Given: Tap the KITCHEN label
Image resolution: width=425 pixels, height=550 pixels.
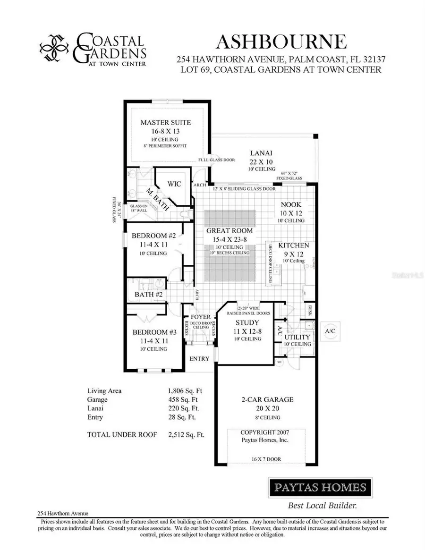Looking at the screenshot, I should [x=293, y=245].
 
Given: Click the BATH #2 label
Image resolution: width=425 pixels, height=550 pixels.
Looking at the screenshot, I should [x=149, y=295].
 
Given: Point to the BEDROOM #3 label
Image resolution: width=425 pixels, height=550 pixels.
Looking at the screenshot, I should [x=154, y=332].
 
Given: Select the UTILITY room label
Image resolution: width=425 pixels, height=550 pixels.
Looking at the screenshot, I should [x=297, y=337].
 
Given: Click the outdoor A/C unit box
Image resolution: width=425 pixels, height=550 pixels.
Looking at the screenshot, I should [x=329, y=331].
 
